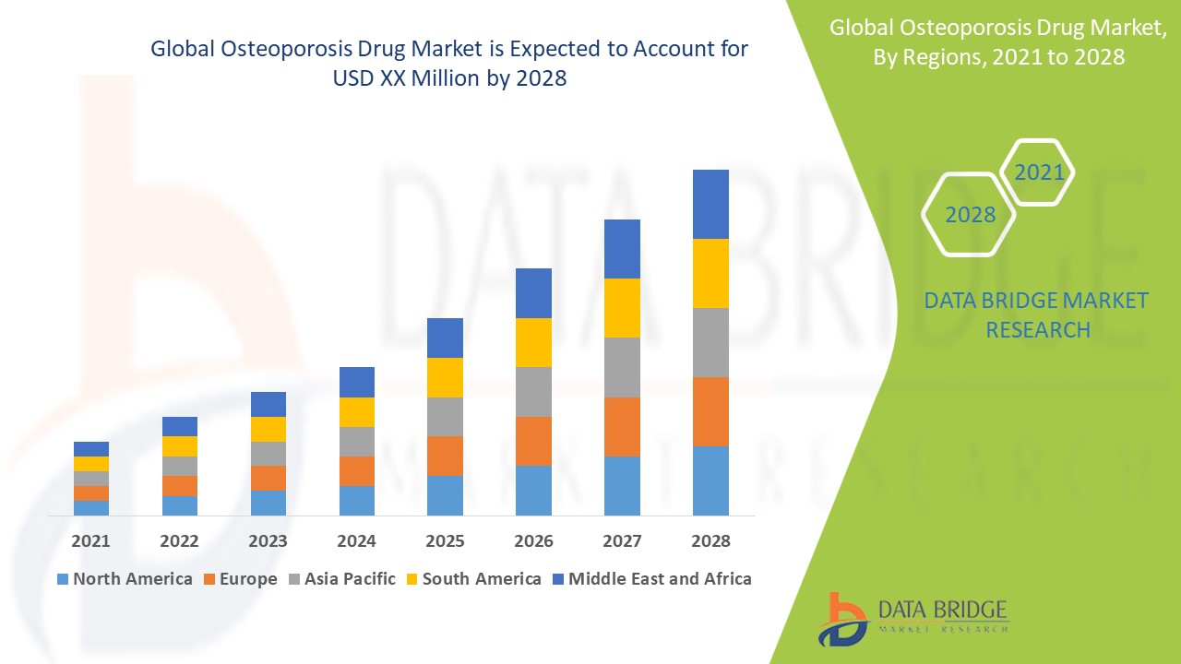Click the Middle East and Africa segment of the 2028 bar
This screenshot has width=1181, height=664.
point(710,204)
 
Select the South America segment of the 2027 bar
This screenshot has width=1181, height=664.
point(622,308)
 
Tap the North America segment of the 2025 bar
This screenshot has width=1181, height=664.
point(445,495)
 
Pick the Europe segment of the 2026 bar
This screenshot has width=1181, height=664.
point(533,441)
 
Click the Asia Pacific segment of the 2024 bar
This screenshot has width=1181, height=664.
point(357,442)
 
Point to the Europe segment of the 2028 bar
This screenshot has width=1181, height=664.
point(710,411)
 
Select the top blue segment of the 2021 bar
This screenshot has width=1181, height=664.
point(91,449)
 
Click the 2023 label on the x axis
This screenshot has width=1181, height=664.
point(268,540)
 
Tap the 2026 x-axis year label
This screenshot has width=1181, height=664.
point(533,540)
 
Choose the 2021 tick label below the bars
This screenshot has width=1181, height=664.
point(91,540)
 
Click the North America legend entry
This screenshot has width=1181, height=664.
point(125,579)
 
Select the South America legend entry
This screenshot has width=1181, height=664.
point(473,579)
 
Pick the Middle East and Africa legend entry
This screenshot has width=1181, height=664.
point(651,579)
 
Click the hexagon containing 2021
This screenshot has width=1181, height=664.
point(1038,172)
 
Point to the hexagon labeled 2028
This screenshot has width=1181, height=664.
point(970,215)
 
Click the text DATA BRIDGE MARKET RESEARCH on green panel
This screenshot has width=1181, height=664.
point(1037,315)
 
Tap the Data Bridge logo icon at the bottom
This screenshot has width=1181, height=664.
point(842,619)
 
